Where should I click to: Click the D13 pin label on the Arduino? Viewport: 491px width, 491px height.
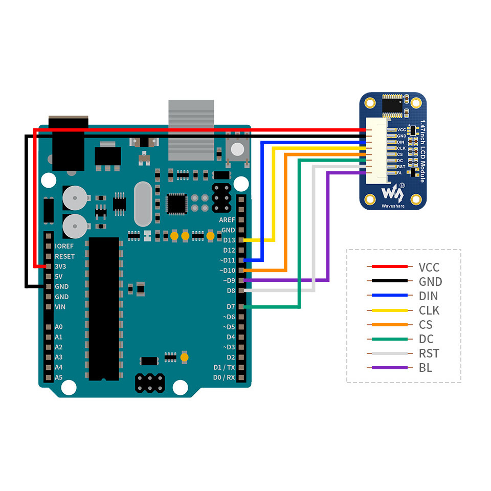tap(229, 240)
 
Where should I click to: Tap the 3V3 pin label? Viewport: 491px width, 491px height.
tap(61, 266)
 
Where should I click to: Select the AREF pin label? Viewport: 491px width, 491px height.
tap(227, 219)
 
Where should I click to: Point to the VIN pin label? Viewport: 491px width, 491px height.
tap(61, 307)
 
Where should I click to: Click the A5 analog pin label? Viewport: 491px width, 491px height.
tap(58, 377)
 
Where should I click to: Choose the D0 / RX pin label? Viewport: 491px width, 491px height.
tap(224, 377)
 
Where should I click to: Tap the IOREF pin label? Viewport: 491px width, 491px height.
tap(64, 246)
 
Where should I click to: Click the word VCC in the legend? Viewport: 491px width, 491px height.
tap(429, 267)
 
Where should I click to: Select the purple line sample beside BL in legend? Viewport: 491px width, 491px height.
tap(389, 368)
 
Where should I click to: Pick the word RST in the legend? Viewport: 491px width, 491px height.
tap(429, 353)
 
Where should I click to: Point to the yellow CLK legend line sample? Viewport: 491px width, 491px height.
tap(389, 310)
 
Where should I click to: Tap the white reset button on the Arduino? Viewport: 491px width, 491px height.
tap(238, 149)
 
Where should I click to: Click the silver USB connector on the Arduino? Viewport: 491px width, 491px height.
tap(191, 129)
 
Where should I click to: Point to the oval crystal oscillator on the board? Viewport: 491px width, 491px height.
tap(143, 205)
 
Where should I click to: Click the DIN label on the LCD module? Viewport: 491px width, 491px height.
tap(401, 142)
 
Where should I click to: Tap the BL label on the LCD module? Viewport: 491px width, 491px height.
tap(400, 173)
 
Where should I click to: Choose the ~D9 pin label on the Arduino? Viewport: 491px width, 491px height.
tap(228, 280)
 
